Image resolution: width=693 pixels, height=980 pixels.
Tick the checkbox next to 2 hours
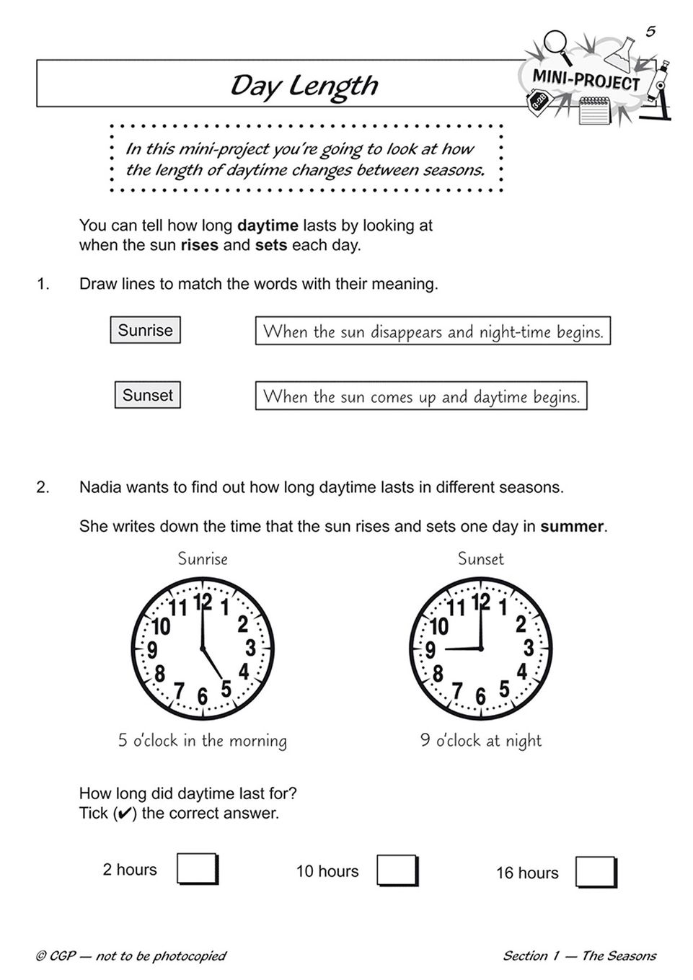point(196,869)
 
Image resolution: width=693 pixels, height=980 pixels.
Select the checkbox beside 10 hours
point(397,870)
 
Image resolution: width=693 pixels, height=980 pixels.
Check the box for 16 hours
point(596,872)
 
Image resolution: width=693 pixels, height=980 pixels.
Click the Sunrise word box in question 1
point(145,330)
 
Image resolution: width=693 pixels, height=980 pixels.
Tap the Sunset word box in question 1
point(147,395)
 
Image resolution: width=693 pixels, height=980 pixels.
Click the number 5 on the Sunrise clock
point(226,690)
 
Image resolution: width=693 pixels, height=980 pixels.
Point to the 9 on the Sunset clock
point(430,650)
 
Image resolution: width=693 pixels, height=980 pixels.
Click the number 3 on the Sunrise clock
point(250,648)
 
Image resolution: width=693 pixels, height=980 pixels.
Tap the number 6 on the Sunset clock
point(480,697)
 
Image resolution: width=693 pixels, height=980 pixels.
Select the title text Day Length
point(304,86)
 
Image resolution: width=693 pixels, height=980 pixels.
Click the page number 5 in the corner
point(650,32)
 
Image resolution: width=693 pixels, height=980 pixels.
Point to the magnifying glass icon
point(556,41)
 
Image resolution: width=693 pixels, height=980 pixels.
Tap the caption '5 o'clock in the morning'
point(203,741)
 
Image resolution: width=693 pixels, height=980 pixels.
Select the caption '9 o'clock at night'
point(480,741)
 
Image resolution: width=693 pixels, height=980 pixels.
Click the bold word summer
point(571,527)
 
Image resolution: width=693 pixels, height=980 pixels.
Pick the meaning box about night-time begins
point(433,331)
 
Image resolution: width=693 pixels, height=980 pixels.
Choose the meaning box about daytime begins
point(421,396)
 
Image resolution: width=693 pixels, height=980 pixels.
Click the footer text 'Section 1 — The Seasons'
point(579,956)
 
